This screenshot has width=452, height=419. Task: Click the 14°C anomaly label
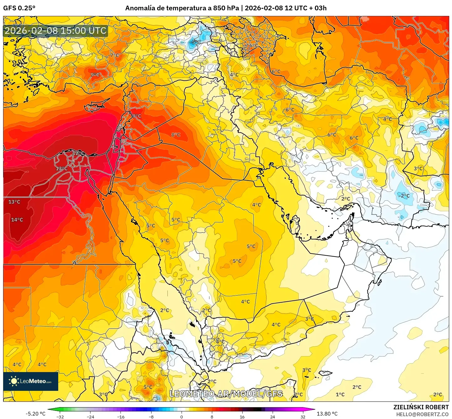pos(17,220)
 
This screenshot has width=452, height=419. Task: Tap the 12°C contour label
pos(78,153)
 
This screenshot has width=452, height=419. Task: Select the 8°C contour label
pos(176,135)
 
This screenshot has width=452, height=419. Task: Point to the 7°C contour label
pos(114,55)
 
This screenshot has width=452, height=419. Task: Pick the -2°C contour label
pos(404,196)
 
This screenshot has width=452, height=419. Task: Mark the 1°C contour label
pos(340,394)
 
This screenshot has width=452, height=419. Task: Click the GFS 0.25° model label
pos(19,8)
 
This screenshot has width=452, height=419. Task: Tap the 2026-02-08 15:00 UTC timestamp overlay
pos(55,31)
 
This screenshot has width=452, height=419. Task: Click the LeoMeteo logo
pos(31,381)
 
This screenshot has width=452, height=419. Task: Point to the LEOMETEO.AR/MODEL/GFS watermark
pos(226,394)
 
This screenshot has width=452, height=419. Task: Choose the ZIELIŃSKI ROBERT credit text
pos(421,407)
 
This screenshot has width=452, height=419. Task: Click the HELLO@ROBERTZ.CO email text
pos(422,414)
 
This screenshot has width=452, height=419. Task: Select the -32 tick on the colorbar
pos(60,416)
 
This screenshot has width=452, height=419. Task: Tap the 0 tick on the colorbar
pos(182,416)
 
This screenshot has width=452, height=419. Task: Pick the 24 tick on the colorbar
pos(273,416)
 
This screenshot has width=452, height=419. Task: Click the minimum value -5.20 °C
pos(35,414)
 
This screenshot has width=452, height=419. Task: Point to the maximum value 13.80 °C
pos(327,414)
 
